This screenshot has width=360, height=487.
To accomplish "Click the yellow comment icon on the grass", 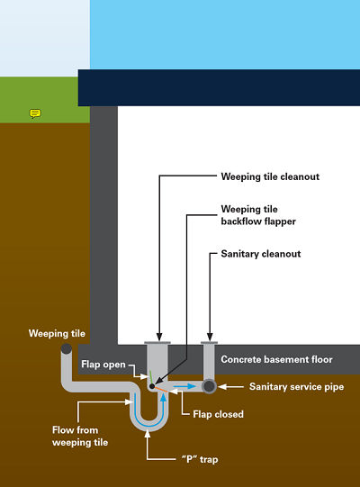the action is coord(35,113).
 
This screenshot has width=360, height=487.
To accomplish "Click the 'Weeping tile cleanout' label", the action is coord(270,176).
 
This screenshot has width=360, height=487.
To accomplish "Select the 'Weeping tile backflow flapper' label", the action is coord(258,215).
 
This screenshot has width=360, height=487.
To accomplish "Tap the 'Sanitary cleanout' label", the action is coord(261,254).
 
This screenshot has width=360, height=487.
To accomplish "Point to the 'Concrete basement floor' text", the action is coord(276,359).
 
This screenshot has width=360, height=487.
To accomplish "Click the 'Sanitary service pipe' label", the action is coord(296,387).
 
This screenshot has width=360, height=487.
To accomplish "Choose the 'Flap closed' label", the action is coord(218,414).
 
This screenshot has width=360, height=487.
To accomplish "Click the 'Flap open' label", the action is coord(103,365).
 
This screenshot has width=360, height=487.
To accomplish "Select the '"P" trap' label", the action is coord(200,459).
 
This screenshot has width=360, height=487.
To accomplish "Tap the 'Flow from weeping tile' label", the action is coord(80,436).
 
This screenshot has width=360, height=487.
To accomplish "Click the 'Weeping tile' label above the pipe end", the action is coord(57,333).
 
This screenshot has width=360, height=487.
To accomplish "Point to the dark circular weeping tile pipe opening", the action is coord(67,348).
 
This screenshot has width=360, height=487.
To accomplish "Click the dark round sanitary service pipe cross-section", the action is coord(209,386).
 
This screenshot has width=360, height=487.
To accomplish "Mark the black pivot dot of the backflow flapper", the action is coord(152,386).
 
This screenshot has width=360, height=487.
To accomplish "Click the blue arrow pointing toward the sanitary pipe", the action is coord(184,386).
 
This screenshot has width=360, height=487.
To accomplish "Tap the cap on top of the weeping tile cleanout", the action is coord(157,343).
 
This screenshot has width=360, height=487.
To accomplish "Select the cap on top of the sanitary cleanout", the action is coord(209,343).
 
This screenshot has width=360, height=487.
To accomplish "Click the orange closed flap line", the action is coord(161,390).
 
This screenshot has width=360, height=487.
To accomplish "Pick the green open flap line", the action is coord(151,377).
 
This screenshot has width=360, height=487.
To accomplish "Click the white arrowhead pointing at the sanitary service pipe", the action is coord(222,387).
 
